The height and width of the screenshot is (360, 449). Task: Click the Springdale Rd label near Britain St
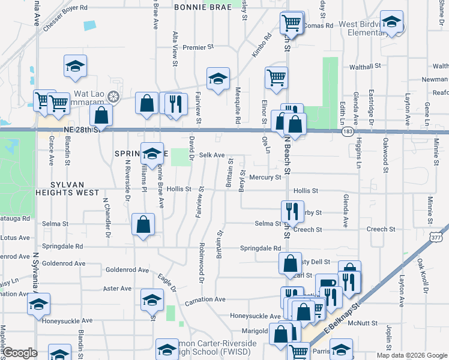260,248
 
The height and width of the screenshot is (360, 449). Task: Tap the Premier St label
198,47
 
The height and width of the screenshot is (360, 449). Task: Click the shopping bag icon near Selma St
143,225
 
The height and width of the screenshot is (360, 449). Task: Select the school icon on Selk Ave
152,153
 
